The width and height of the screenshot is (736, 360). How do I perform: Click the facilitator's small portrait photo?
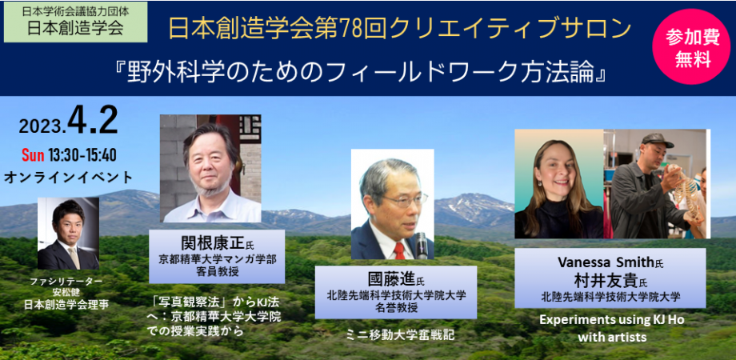pos(68,234)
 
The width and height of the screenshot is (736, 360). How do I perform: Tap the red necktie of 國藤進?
pos(398,249)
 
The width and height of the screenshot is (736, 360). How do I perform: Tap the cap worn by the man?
pos(657,141)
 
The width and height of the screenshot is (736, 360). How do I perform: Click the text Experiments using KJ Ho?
pos(611,320)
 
